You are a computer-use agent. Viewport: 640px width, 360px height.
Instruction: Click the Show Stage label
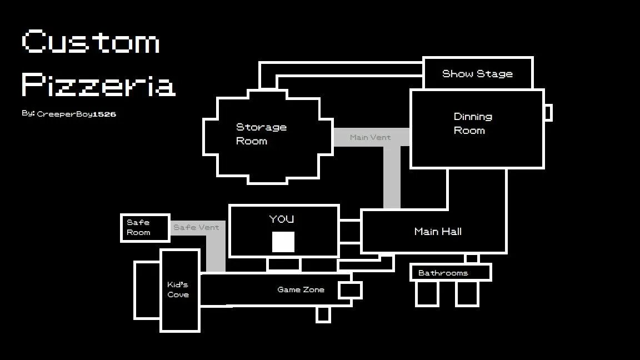tap(477, 73)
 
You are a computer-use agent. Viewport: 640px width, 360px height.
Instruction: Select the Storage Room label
tap(261, 134)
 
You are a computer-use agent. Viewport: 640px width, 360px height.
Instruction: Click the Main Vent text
tap(370, 137)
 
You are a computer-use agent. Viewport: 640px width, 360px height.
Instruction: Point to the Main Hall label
tap(438, 231)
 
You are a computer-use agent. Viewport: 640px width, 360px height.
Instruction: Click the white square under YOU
tap(283, 242)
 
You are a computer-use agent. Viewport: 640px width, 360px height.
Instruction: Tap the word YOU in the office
tap(282, 219)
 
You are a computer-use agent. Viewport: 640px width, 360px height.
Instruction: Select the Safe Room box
tap(145, 227)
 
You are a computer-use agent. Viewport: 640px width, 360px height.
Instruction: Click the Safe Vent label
tap(196, 227)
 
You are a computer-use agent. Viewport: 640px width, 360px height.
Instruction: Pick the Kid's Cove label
tap(178, 289)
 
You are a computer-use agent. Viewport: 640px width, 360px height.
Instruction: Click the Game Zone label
tap(301, 289)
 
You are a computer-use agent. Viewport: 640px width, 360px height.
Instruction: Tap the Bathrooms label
tap(443, 273)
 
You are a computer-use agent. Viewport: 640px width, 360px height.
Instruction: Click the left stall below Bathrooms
tap(427, 293)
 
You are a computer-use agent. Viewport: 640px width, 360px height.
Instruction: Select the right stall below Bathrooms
tap(467, 293)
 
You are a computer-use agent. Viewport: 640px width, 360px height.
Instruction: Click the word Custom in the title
tap(91, 42)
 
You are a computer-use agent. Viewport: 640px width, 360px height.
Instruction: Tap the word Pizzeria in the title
tap(98, 84)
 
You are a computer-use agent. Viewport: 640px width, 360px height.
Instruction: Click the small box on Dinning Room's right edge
tap(548, 113)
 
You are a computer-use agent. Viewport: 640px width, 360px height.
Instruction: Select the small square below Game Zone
tap(323, 314)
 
